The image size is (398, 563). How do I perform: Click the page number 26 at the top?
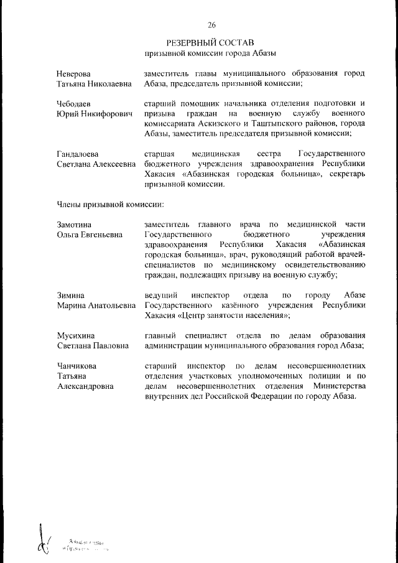[211, 26]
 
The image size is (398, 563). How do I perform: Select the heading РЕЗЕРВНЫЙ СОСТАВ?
[211, 43]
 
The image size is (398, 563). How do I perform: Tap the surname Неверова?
[74, 74]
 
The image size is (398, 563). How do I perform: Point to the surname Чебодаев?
[75, 103]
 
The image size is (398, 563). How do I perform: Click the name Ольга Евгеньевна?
[89, 235]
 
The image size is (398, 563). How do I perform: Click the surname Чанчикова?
[77, 365]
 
